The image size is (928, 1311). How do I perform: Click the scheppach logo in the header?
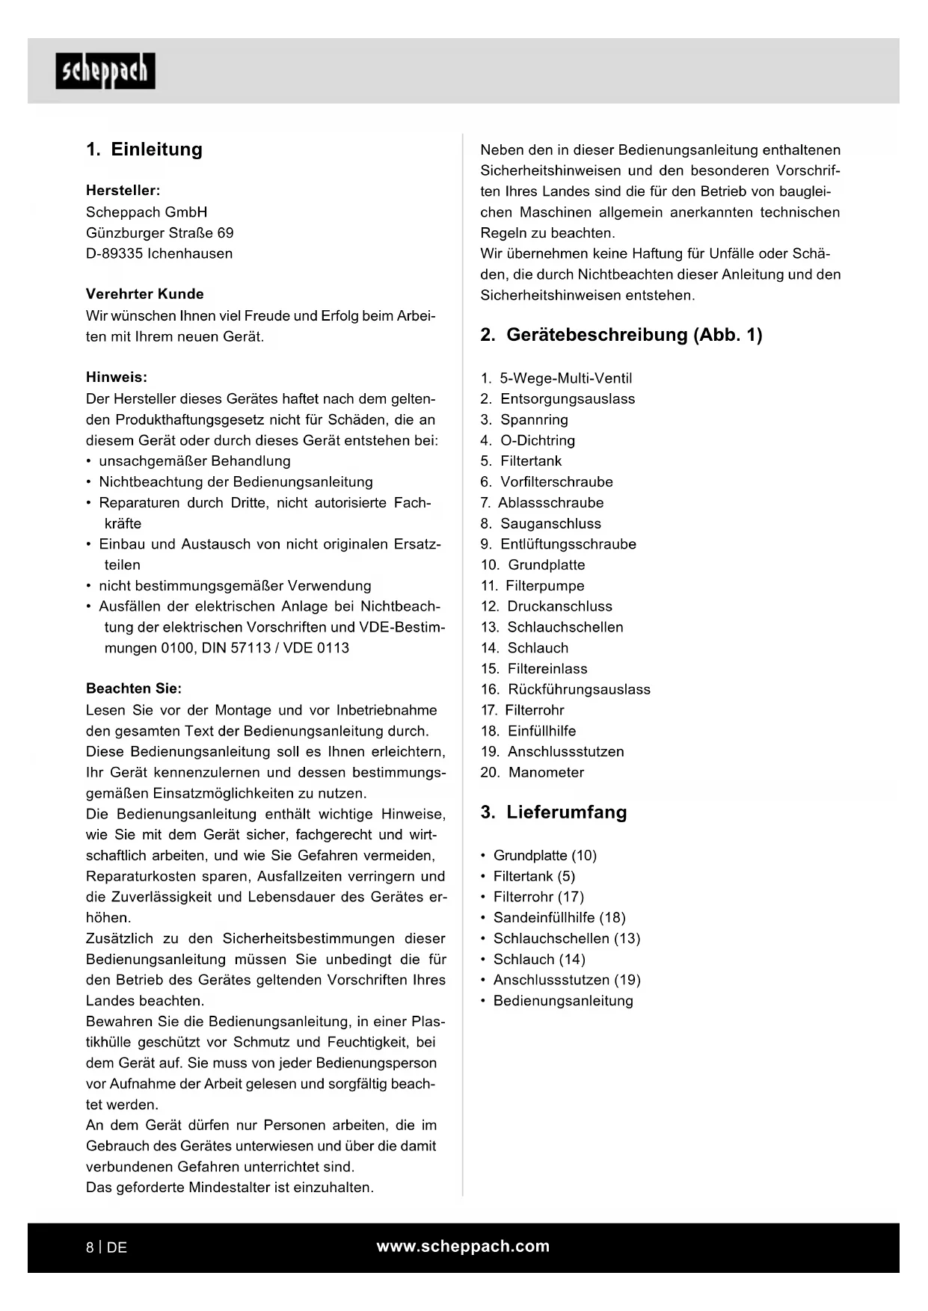[x=105, y=71]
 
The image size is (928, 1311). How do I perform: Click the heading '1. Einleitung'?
[x=144, y=149]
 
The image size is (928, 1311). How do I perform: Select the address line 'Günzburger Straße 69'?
[x=159, y=233]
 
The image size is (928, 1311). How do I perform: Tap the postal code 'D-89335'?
[x=114, y=253]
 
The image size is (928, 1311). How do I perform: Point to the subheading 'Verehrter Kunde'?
[x=144, y=294]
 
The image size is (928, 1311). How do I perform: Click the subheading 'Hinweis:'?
[x=117, y=377]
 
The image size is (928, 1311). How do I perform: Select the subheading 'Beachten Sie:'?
[x=134, y=688]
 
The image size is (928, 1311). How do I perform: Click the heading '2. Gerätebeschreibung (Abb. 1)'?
[x=621, y=335]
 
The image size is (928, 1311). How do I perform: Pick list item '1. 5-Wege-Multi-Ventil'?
[x=556, y=378]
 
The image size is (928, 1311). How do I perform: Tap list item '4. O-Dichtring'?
[x=528, y=440]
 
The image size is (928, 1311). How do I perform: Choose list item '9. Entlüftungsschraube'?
[x=559, y=544]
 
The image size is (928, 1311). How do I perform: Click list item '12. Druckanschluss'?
[x=547, y=606]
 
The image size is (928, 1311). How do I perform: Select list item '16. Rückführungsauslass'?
[x=565, y=689]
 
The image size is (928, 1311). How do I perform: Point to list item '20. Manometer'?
[x=532, y=772]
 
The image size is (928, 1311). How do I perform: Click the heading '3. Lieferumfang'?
[x=553, y=812]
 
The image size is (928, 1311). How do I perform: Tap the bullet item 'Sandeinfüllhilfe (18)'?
[x=559, y=918]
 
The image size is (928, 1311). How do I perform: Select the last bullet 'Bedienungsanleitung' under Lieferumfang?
[x=563, y=1001]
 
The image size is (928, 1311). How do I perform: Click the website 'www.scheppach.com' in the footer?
[x=463, y=1246]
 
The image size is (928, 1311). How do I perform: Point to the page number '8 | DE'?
[x=106, y=1247]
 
